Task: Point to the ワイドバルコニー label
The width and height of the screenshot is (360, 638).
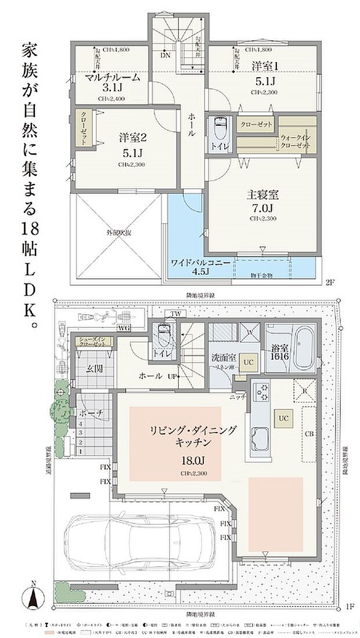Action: click(197, 263)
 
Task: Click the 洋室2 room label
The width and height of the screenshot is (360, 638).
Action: click(132, 138)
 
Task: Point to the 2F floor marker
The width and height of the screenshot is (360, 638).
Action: click(330, 283)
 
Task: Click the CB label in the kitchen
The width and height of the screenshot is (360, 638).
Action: click(309, 432)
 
